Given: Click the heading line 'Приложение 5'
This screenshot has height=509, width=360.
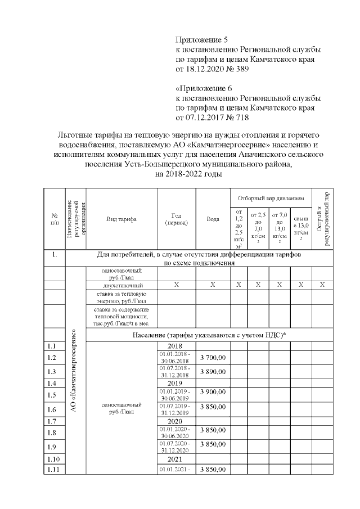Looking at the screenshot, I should (202, 40).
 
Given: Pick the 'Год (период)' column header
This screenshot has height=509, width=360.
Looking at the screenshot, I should (176, 219).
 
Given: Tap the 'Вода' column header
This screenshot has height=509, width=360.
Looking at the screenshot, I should (213, 219).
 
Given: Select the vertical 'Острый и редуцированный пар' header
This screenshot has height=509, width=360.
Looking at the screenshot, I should (322, 219).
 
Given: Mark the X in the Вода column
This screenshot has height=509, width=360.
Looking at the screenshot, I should (213, 285).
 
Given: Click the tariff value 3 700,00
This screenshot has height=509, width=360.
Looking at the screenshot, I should (213, 357).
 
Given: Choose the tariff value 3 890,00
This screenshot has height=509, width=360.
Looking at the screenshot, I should (213, 372).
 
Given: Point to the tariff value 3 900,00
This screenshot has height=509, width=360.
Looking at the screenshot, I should (213, 394).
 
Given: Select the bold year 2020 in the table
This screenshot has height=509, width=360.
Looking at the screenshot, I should (176, 421).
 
